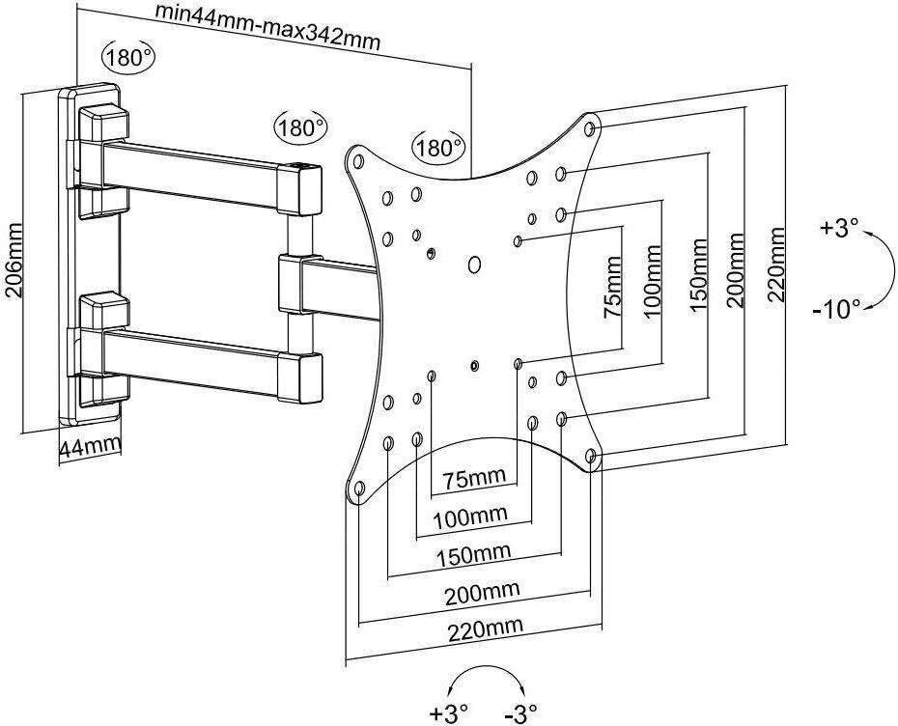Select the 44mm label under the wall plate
coord(90,446)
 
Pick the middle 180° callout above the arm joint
coord(300,127)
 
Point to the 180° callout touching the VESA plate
coord(438,148)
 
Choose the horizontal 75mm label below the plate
coord(474,480)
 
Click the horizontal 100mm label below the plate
coord(474,517)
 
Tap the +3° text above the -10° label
coord(838,230)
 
